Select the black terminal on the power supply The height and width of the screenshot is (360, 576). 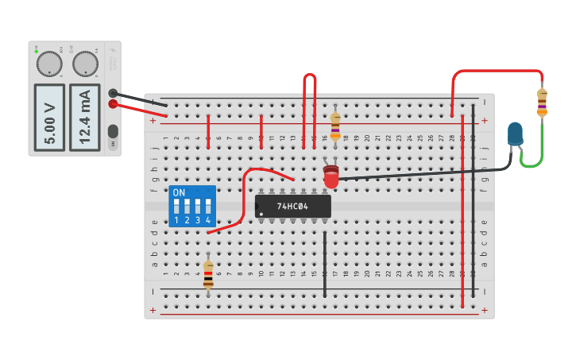[114, 93]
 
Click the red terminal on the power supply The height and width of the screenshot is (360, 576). [114, 103]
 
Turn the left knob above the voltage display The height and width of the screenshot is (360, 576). [49, 64]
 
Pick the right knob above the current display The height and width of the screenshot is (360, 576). [84, 64]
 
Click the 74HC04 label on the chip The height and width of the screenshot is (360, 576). [292, 206]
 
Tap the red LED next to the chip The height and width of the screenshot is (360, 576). [331, 177]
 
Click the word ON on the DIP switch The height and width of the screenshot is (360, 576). [179, 193]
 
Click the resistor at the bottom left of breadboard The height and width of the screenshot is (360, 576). [208, 273]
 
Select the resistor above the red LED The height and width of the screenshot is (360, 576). [335, 125]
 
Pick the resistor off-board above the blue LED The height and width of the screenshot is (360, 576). [542, 102]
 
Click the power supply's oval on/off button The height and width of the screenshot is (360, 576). [113, 131]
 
